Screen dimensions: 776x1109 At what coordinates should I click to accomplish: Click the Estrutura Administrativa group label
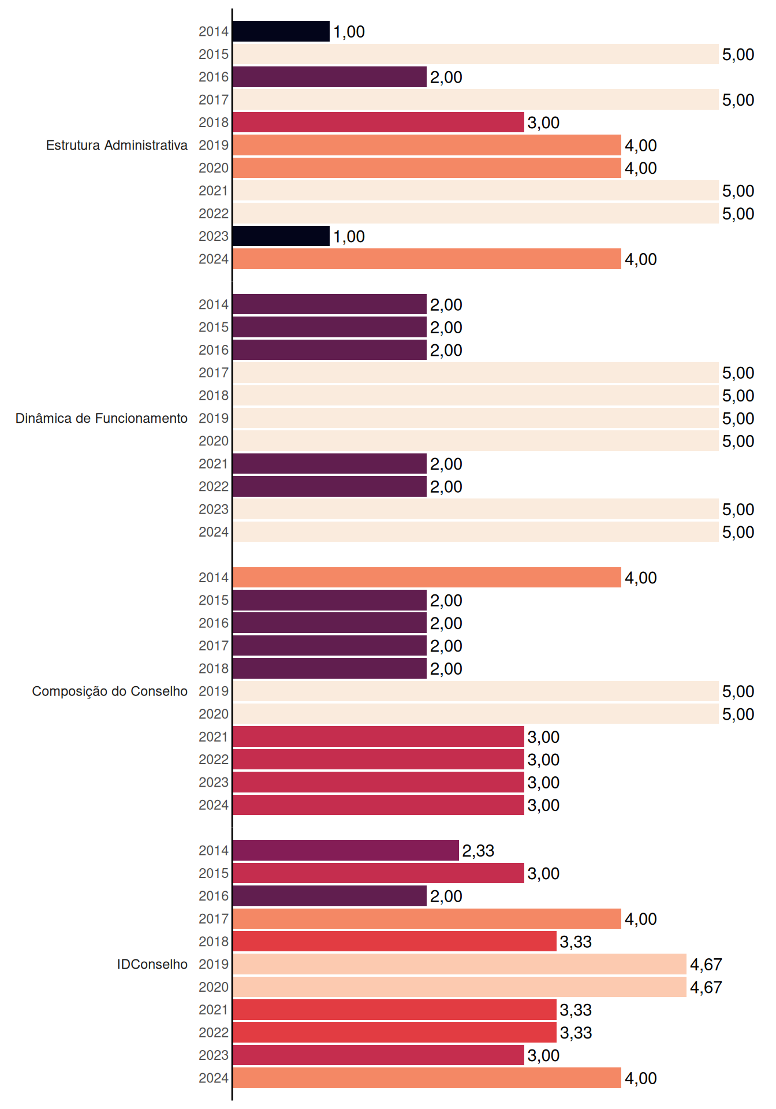click(x=117, y=145)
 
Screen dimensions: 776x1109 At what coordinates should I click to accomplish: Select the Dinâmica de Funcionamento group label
click(x=102, y=418)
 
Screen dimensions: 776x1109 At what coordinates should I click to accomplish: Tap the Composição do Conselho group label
click(x=110, y=691)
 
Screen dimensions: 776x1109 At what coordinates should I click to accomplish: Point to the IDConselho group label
click(x=152, y=964)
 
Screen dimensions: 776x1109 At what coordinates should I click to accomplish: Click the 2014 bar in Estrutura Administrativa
click(x=281, y=31)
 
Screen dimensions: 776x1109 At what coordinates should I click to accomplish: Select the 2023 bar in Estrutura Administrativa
click(x=281, y=236)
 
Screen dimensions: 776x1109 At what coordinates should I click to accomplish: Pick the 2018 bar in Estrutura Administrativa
click(x=379, y=122)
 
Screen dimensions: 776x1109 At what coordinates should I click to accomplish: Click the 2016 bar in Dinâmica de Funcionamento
click(x=330, y=350)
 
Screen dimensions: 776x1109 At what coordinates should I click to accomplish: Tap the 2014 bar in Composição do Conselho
click(x=427, y=578)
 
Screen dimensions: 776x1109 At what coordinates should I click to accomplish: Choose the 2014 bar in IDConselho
click(x=346, y=850)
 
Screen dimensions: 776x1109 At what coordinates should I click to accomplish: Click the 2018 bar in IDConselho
click(x=395, y=941)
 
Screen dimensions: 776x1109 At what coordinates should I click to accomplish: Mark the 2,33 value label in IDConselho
click(x=478, y=851)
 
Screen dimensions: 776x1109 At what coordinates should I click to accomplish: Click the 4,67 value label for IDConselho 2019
click(x=706, y=965)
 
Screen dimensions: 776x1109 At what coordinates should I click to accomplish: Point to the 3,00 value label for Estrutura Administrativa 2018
click(x=543, y=123)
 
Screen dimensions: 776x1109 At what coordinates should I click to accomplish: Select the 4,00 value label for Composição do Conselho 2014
click(x=641, y=578)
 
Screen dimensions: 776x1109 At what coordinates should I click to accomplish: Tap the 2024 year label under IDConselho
click(x=214, y=1078)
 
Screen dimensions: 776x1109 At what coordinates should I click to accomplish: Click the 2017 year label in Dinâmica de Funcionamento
click(x=214, y=373)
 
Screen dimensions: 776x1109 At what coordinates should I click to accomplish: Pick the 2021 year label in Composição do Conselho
click(x=214, y=737)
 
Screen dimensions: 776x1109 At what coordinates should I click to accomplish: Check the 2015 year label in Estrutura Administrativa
click(x=214, y=54)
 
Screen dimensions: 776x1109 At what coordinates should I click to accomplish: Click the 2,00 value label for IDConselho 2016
click(x=446, y=896)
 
